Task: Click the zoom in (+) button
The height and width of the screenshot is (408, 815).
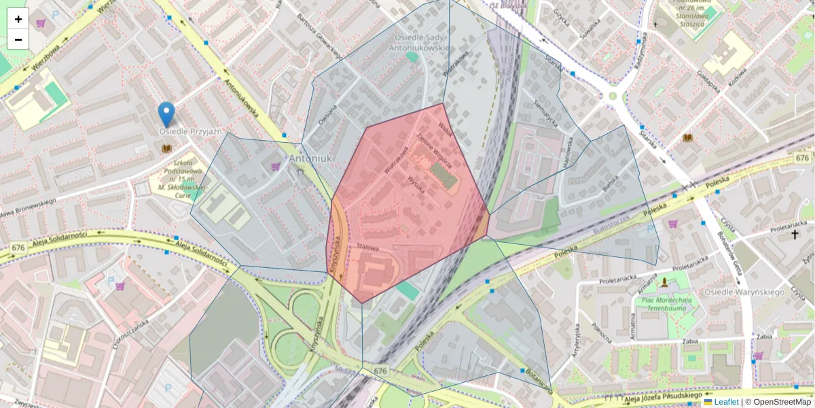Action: [x=18, y=19]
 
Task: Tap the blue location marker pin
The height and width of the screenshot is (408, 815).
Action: [x=166, y=114]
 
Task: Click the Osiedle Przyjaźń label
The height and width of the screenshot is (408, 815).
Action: [x=190, y=131]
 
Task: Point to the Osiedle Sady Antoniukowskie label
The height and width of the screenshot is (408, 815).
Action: [x=419, y=42]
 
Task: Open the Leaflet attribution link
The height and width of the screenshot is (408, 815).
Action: [x=726, y=402]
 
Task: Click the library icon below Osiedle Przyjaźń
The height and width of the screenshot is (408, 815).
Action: [x=166, y=148]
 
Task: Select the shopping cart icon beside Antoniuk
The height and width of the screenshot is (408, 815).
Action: [x=276, y=166]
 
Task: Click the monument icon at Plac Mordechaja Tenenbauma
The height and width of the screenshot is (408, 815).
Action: [x=664, y=281]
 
